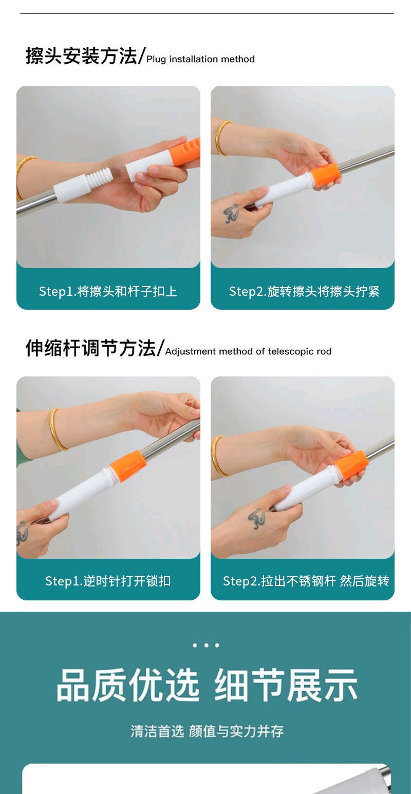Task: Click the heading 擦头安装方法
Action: pyautogui.click(x=81, y=56)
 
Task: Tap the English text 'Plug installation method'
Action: pyautogui.click(x=200, y=59)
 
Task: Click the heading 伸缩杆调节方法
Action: pyautogui.click(x=90, y=348)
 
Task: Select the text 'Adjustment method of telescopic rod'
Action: pyautogui.click(x=248, y=351)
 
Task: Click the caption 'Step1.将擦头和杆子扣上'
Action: pyautogui.click(x=108, y=291)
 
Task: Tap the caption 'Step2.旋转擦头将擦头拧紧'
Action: pyautogui.click(x=304, y=291)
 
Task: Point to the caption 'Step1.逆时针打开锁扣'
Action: pyautogui.click(x=108, y=581)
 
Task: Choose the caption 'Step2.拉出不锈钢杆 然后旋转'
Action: pyautogui.click(x=306, y=581)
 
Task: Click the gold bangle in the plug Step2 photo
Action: pyautogui.click(x=222, y=138)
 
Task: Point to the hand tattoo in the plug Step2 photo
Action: pyautogui.click(x=231, y=213)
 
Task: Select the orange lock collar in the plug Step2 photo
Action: pyautogui.click(x=324, y=175)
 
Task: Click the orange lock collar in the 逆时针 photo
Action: pyautogui.click(x=128, y=466)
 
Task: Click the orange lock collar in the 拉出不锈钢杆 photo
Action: pyautogui.click(x=350, y=466)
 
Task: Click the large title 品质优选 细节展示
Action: pyautogui.click(x=207, y=685)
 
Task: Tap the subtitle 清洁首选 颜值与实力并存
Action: pyautogui.click(x=207, y=731)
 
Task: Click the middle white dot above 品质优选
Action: pyautogui.click(x=206, y=645)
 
